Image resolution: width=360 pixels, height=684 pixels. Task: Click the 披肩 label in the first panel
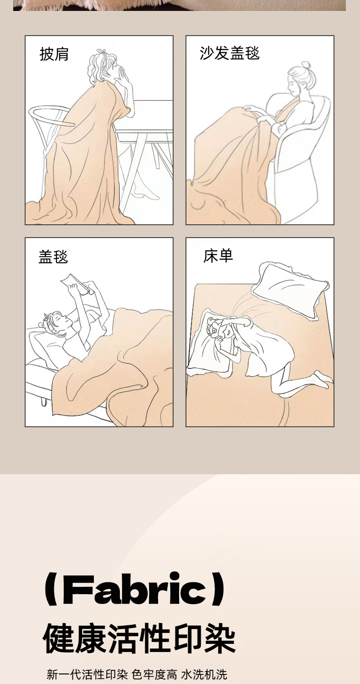click(54, 54)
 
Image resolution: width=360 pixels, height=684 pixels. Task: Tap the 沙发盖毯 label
click(229, 53)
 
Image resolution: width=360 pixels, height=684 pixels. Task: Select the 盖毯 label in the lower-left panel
click(53, 256)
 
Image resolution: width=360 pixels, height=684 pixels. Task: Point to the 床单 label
click(218, 256)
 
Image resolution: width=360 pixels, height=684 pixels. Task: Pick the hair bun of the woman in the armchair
click(305, 65)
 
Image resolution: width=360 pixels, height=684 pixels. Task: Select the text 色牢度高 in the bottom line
click(154, 673)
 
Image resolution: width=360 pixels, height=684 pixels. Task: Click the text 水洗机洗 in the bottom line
click(204, 673)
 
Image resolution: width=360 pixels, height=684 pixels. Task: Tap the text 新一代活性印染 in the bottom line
click(87, 673)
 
